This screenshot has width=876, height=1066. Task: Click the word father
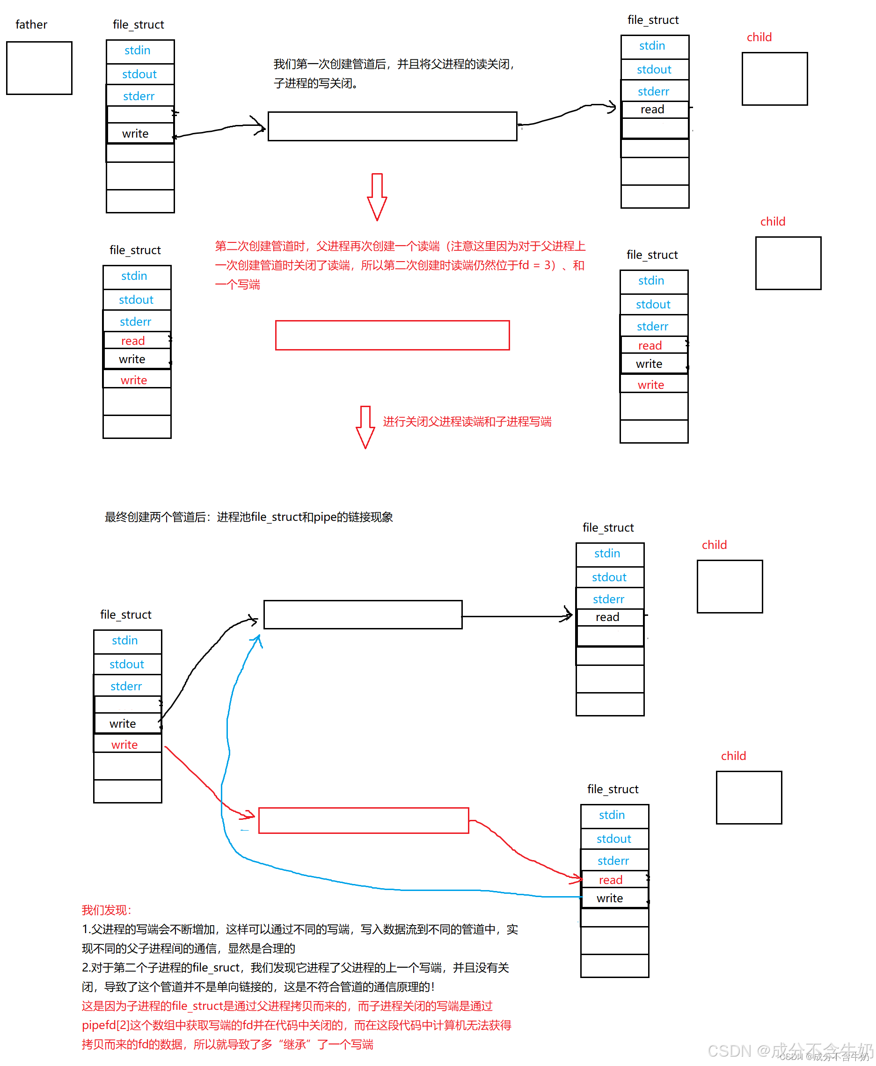31,24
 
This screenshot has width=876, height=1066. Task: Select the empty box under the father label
39,68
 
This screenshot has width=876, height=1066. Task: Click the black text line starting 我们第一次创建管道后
394,64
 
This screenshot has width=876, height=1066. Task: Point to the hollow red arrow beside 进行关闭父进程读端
365,427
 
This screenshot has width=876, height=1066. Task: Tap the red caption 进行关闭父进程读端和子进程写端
467,422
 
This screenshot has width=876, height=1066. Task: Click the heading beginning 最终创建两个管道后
248,517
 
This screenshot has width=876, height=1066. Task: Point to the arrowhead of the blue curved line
258,640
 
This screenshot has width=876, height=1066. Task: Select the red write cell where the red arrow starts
124,745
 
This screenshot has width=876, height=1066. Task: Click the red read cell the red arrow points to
611,880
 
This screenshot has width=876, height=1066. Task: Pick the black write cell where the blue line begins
610,898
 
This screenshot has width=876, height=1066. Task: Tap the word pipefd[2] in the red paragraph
105,1025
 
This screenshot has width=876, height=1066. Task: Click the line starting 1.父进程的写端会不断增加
300,929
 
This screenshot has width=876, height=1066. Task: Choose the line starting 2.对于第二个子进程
295,968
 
